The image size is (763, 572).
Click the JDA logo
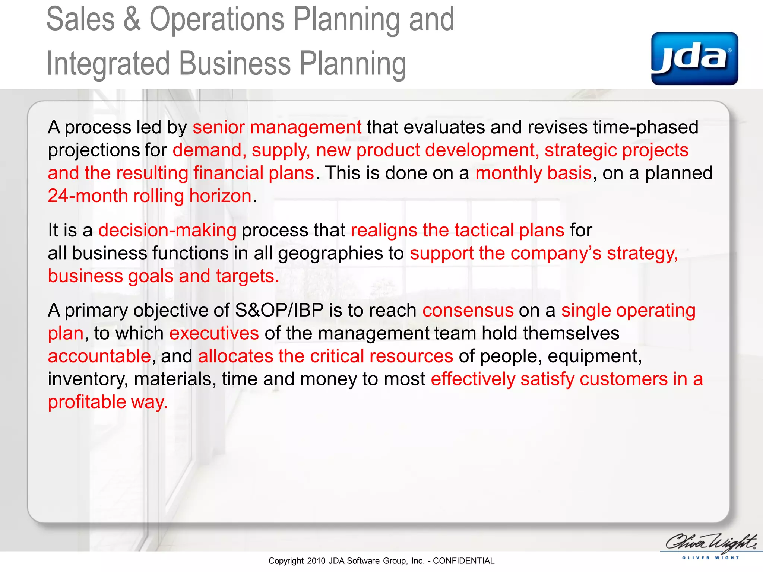[694, 58]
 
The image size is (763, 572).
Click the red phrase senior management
[277, 127]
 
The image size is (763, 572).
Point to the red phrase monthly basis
[534, 173]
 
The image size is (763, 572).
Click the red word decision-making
[167, 231]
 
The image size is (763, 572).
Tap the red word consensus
[468, 311]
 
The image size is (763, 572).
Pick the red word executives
[214, 333]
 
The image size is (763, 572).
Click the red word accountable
[99, 356]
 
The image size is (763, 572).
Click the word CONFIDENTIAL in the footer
[463, 561]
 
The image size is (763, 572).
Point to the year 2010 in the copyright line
[316, 561]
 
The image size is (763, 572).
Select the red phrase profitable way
[108, 402]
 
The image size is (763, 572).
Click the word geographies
[330, 253]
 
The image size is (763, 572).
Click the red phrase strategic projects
[616, 150]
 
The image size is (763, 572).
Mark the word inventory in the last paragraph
[88, 379]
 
